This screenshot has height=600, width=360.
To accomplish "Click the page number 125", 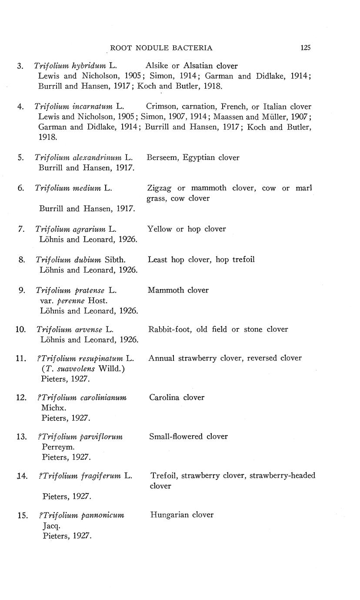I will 305,48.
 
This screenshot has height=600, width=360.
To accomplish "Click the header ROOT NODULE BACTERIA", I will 161,48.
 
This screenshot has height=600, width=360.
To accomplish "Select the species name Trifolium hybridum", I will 70,66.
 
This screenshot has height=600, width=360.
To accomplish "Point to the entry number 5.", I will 21,157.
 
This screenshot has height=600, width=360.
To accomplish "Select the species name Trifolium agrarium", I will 71,229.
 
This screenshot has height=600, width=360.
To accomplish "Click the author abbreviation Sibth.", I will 115,260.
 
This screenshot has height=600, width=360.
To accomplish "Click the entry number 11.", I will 22,358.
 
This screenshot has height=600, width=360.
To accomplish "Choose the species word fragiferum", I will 100,476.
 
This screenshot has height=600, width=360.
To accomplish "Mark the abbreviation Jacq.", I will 51,525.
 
